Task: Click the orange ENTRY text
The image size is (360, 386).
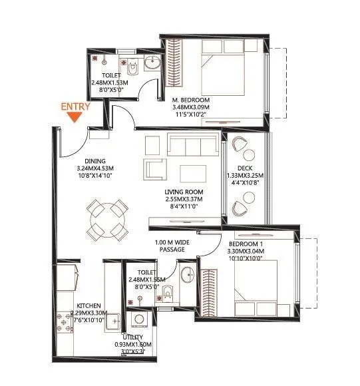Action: [x=75, y=106]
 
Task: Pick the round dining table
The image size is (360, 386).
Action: [x=107, y=218]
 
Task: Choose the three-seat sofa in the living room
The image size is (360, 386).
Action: [x=192, y=143]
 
